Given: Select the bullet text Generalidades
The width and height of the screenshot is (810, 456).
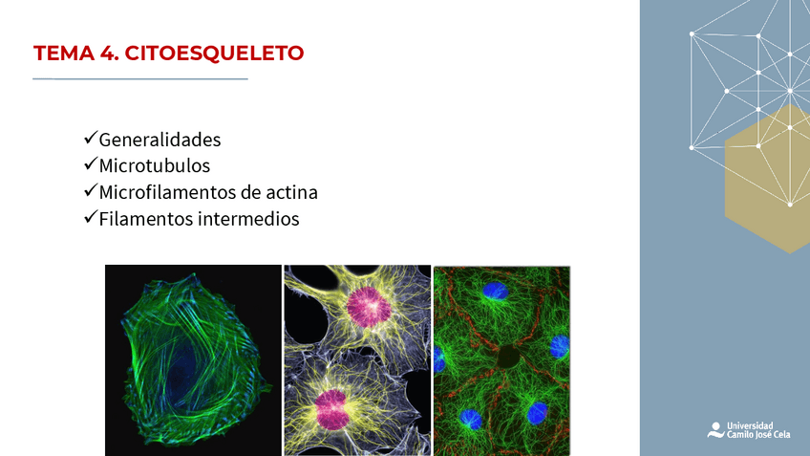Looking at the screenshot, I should tap(160, 140).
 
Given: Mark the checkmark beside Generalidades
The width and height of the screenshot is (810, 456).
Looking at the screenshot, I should tap(91, 139).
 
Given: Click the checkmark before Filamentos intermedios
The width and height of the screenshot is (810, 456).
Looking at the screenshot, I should tap(91, 218).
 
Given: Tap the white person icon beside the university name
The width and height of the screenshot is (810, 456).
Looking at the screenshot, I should tap(715, 429).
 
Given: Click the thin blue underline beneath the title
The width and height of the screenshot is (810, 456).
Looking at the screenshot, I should tap(140, 78).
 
